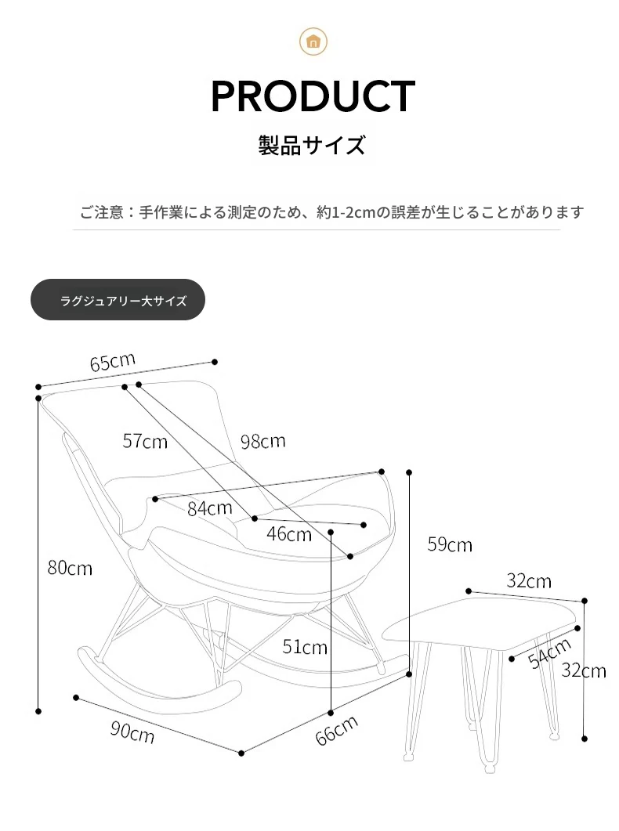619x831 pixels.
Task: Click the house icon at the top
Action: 313,42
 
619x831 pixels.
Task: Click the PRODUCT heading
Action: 313,96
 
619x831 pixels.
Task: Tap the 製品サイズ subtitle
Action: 312,145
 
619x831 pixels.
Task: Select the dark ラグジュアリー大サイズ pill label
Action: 118,299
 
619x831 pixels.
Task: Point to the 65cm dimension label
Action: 112,362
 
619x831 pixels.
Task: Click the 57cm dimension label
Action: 145,441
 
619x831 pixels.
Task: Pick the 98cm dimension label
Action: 262,441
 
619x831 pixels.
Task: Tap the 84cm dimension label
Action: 210,508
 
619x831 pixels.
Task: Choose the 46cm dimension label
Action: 289,533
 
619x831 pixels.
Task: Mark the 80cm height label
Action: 70,568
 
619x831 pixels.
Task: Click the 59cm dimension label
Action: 450,544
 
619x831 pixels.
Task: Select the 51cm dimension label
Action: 305,647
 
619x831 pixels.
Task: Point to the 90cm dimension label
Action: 132,732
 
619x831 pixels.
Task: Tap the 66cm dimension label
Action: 336,730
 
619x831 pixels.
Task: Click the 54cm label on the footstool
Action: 549,653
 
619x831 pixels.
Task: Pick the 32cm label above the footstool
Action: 529,581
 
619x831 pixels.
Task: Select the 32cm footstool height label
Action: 584,670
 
